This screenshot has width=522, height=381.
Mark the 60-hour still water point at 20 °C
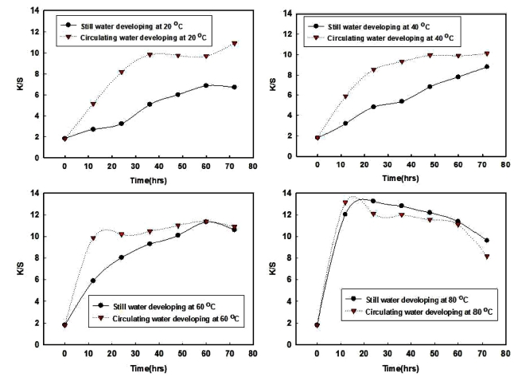pyautogui.click(x=206, y=85)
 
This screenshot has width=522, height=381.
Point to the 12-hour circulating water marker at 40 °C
pyautogui.click(x=345, y=97)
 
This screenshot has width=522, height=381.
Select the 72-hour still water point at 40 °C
pyautogui.click(x=487, y=67)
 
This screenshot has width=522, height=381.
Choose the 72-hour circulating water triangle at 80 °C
pyautogui.click(x=487, y=257)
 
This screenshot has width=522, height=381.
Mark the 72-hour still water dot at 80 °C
pyautogui.click(x=487, y=241)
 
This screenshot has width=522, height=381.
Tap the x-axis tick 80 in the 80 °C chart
pyautogui.click(x=506, y=354)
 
